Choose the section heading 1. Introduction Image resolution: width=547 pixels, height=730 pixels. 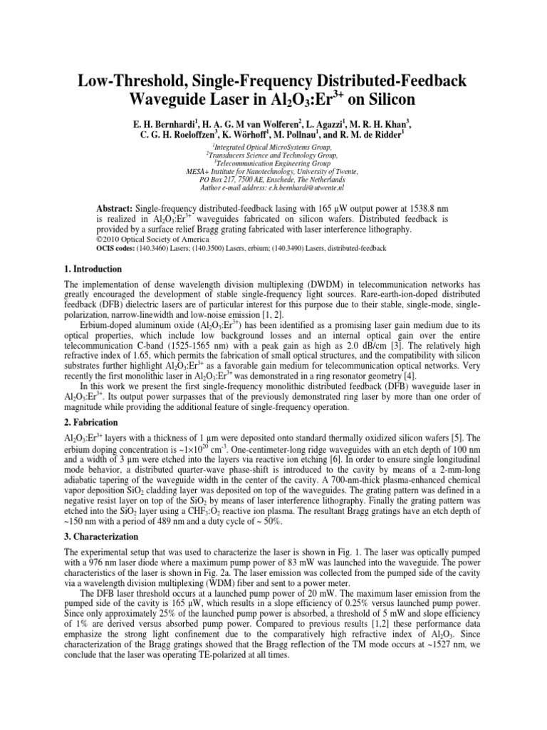click(93, 269)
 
